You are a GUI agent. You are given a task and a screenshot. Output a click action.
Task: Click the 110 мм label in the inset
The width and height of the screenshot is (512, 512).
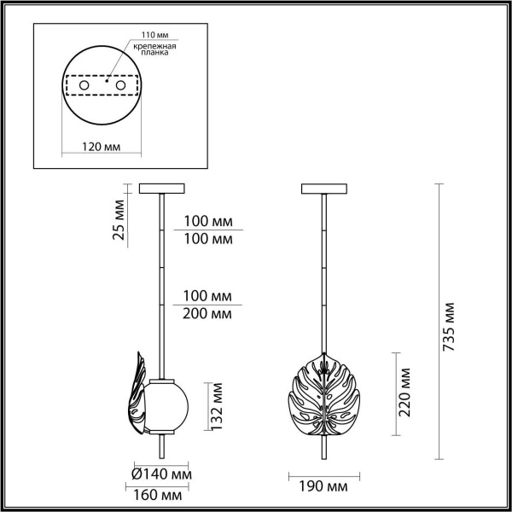(x=142, y=35)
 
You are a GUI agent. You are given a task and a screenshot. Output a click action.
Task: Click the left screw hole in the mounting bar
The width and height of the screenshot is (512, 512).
(x=82, y=87)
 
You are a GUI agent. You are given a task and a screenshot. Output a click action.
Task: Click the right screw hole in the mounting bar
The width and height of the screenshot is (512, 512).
(x=121, y=87)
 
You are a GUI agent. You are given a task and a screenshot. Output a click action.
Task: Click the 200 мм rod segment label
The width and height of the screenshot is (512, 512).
(x=208, y=313)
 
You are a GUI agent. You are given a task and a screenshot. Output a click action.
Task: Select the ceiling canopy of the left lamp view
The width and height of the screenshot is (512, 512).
(x=160, y=189)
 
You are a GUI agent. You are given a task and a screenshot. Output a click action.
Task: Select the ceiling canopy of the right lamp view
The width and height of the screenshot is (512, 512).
(x=325, y=189)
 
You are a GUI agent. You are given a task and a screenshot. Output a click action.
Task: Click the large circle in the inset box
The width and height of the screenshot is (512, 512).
(x=102, y=87)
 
